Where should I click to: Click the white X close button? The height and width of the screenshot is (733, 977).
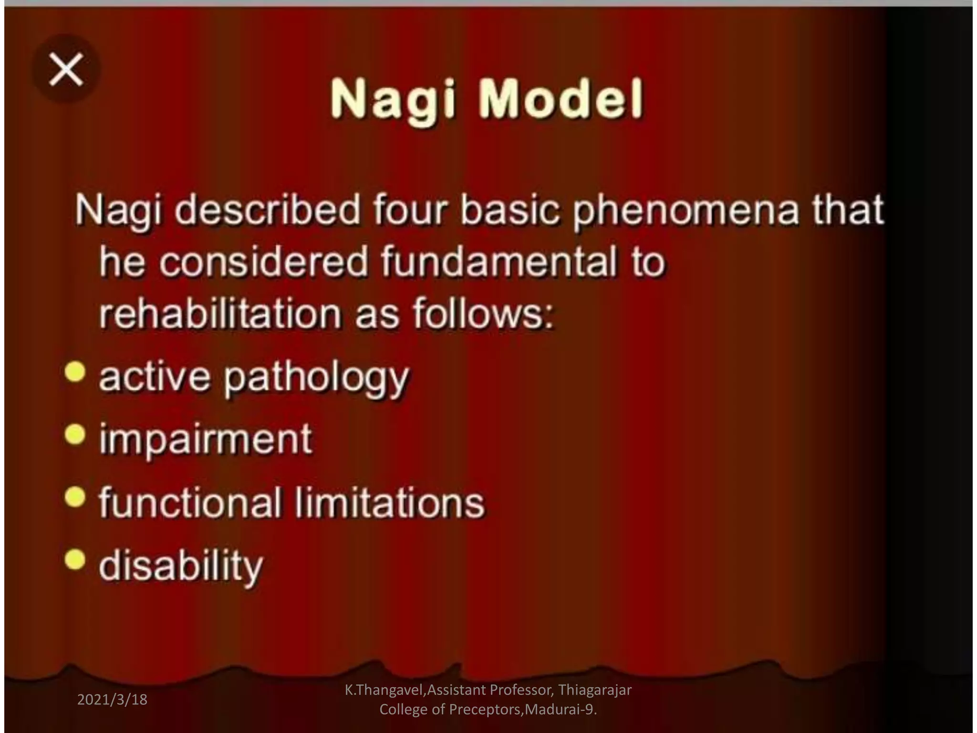pos(66,70)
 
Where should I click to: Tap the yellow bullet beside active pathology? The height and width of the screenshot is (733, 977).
pos(75,372)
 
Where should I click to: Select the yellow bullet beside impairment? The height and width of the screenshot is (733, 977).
pos(75,435)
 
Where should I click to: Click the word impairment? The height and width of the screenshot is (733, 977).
pos(206,440)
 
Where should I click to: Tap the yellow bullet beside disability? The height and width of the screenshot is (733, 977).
pos(75,559)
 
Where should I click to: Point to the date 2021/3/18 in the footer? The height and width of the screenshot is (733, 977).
pos(112,700)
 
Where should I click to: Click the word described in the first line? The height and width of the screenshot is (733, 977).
pos(268,209)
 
